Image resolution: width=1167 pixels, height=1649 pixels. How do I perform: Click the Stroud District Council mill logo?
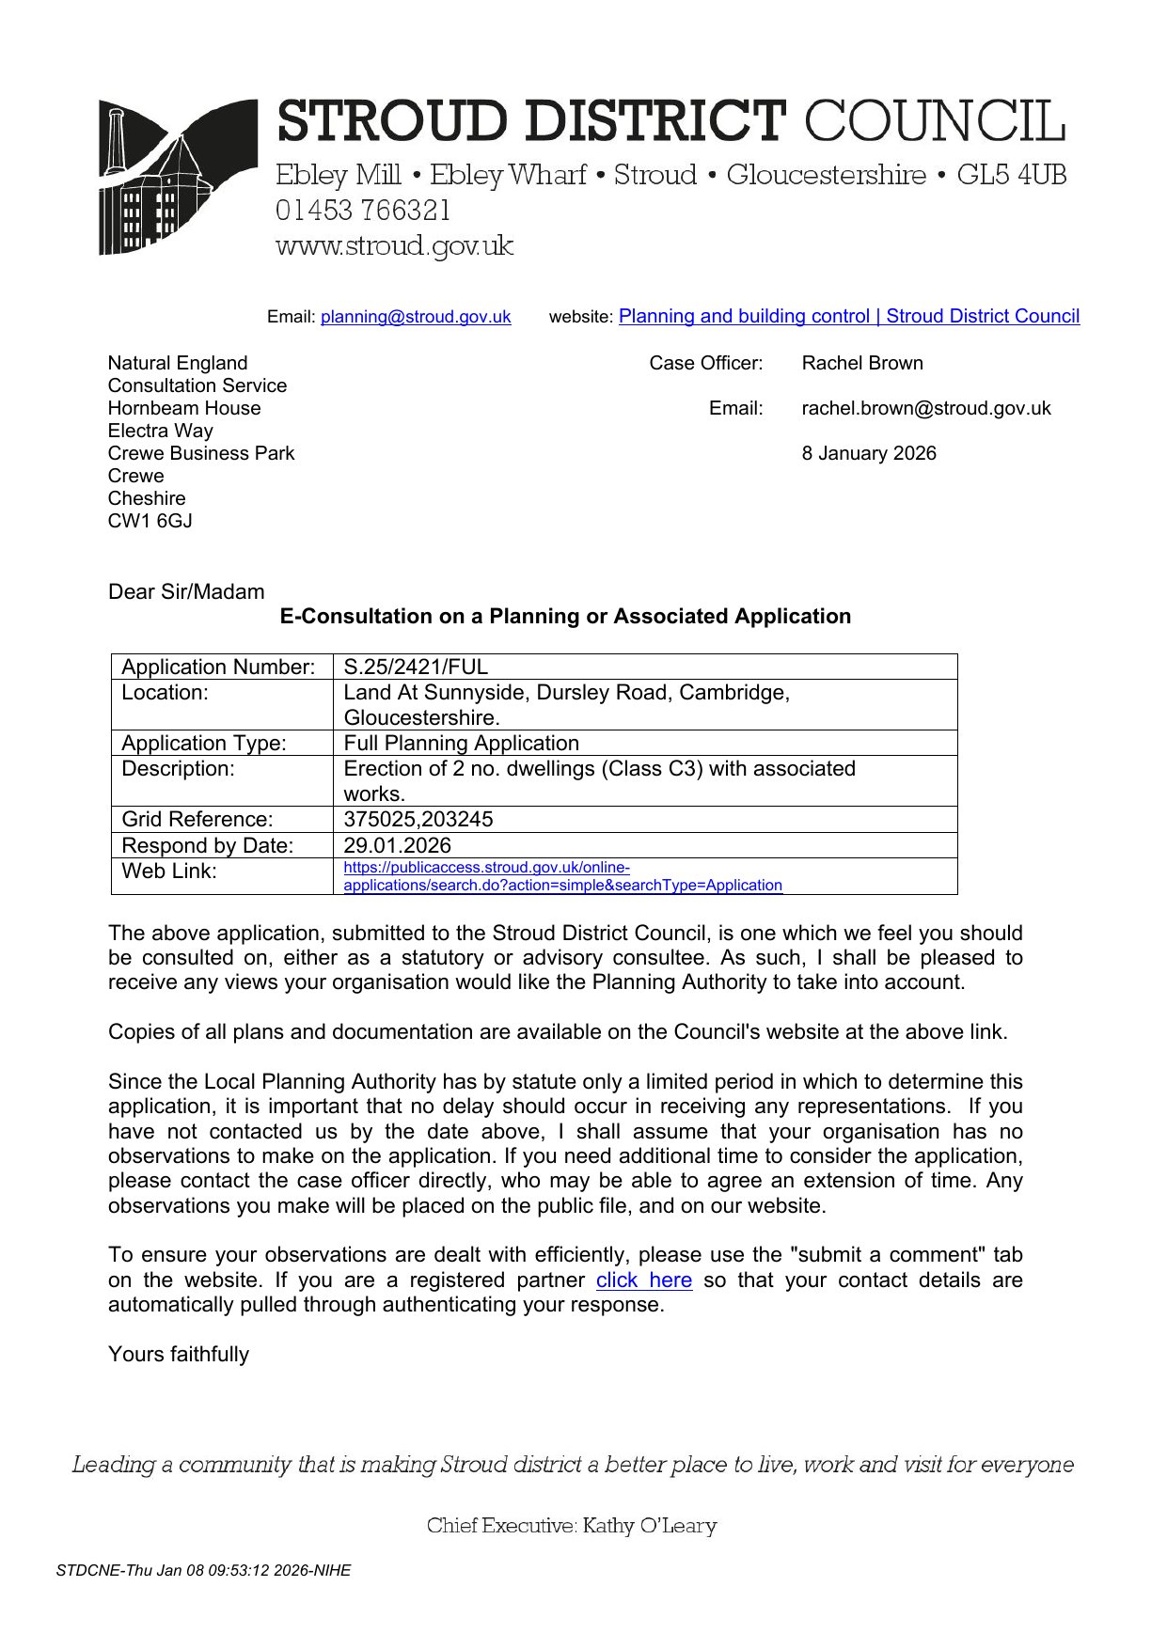(x=177, y=177)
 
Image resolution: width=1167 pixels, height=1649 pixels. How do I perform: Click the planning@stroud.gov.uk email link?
(x=416, y=317)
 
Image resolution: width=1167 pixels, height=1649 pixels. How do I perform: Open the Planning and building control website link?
(x=848, y=316)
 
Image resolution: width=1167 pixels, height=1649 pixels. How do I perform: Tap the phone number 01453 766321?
(x=363, y=211)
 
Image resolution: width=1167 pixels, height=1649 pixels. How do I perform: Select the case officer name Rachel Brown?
(x=861, y=363)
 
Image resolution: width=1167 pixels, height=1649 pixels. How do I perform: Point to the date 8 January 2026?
(x=868, y=453)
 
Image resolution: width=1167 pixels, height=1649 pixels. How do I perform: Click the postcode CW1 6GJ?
(x=150, y=521)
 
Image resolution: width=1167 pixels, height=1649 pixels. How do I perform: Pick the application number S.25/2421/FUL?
(x=416, y=667)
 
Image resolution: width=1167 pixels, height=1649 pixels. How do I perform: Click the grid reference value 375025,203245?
(x=418, y=819)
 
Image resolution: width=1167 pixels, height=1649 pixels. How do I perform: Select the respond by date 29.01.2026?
(x=397, y=845)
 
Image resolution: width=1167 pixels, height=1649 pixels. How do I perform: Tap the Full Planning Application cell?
(x=461, y=743)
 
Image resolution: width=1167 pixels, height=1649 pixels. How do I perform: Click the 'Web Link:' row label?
(x=169, y=872)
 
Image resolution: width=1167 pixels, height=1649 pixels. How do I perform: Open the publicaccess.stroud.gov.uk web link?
(x=561, y=876)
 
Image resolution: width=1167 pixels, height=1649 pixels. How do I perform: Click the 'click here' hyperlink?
(x=643, y=1280)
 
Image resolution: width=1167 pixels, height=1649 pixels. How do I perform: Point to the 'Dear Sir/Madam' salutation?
(x=186, y=591)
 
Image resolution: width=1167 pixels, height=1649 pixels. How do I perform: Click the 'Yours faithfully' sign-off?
(x=179, y=1354)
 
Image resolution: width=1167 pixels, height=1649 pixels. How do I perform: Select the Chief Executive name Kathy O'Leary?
(x=649, y=1525)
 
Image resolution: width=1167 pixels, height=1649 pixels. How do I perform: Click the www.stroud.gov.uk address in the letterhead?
(x=394, y=246)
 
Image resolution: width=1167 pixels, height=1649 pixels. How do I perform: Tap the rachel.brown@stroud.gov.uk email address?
(x=925, y=408)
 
